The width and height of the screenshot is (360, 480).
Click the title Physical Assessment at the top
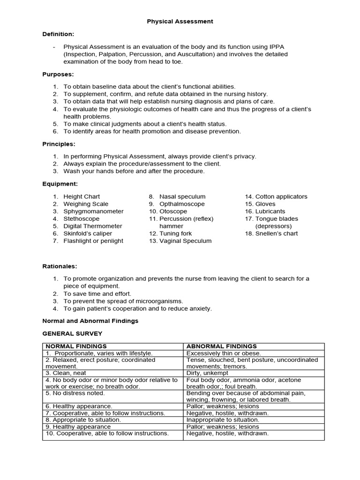(x=180, y=22)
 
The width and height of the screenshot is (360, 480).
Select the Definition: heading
(x=58, y=34)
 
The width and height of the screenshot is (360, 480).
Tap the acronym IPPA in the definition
(x=277, y=47)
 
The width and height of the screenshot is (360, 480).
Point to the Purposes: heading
(x=58, y=75)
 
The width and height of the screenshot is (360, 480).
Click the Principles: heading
(x=59, y=144)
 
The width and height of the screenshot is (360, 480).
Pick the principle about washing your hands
(x=134, y=171)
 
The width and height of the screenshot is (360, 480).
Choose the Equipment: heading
(x=60, y=184)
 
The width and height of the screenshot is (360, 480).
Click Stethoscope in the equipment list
(x=82, y=218)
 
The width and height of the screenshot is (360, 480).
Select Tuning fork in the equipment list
(x=176, y=233)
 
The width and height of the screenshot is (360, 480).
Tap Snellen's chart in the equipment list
(x=277, y=233)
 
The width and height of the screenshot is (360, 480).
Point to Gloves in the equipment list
(x=265, y=204)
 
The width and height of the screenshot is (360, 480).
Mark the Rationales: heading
(x=60, y=266)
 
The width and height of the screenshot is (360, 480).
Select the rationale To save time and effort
(x=97, y=293)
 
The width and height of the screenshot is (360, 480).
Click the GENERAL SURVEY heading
(x=72, y=333)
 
